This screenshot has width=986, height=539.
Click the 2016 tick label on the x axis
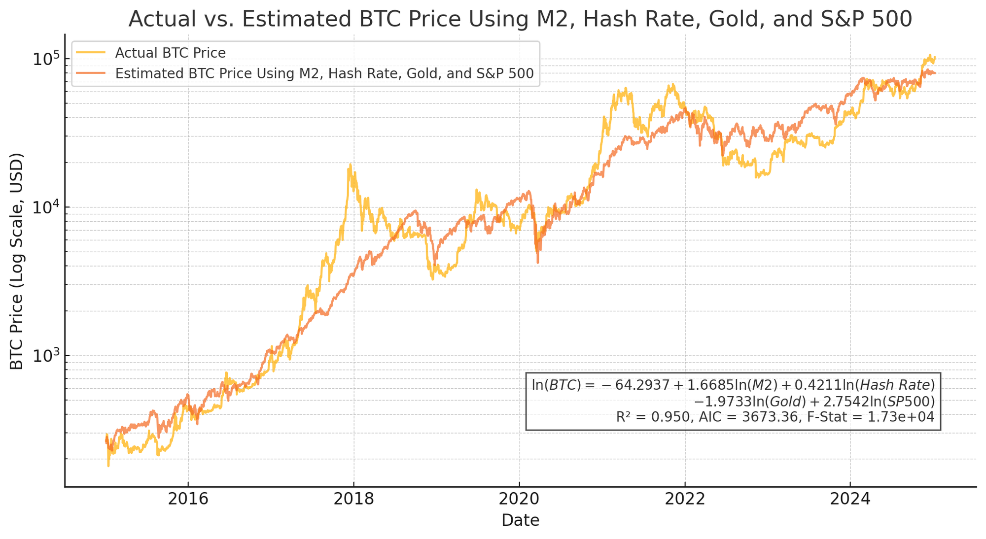pos(188,499)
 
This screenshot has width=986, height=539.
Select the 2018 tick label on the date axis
pos(353,499)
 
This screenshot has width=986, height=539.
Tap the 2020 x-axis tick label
pos(519,499)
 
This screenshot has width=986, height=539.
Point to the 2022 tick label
pos(685,499)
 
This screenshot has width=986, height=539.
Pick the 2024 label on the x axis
pos(850,499)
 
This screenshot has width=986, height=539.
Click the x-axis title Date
pos(520,520)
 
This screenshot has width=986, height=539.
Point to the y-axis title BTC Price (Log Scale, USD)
pos(17,261)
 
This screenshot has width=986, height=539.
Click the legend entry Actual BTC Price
pos(170,53)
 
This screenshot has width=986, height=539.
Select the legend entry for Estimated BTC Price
pos(324,73)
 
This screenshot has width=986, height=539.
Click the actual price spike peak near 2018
pos(350,165)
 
